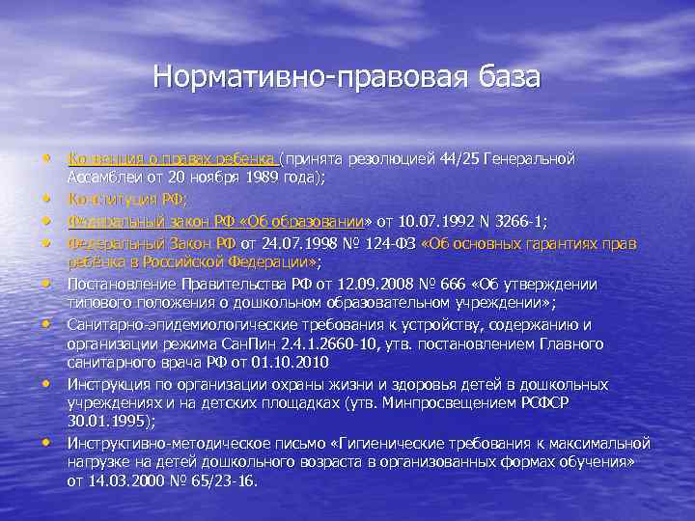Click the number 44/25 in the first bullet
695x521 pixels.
[x=466, y=157]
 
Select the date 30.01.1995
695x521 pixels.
[x=110, y=422]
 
